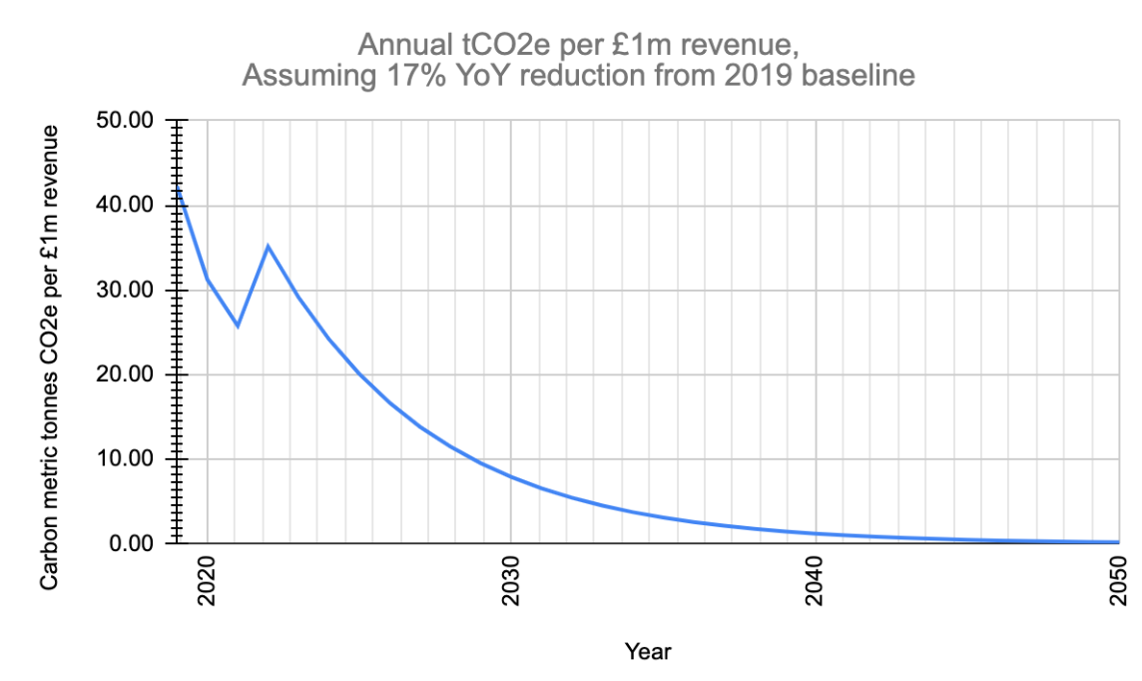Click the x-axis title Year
pos(648,652)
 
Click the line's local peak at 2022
pos(268,246)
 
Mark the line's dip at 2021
pos(238,326)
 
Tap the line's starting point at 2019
pos(177,188)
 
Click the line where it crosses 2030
pos(511,477)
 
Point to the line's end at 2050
pos(1118,542)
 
